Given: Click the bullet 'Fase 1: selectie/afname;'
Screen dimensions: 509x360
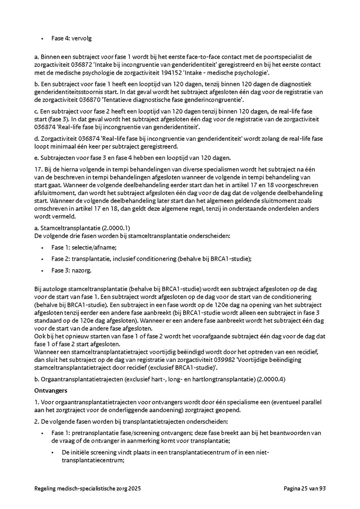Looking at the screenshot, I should (84, 248).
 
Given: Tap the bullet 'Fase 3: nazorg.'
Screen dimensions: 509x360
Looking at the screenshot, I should (71, 270).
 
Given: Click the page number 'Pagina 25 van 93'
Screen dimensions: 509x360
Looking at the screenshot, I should (305, 489).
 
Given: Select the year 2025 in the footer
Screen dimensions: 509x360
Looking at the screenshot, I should (134, 489).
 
